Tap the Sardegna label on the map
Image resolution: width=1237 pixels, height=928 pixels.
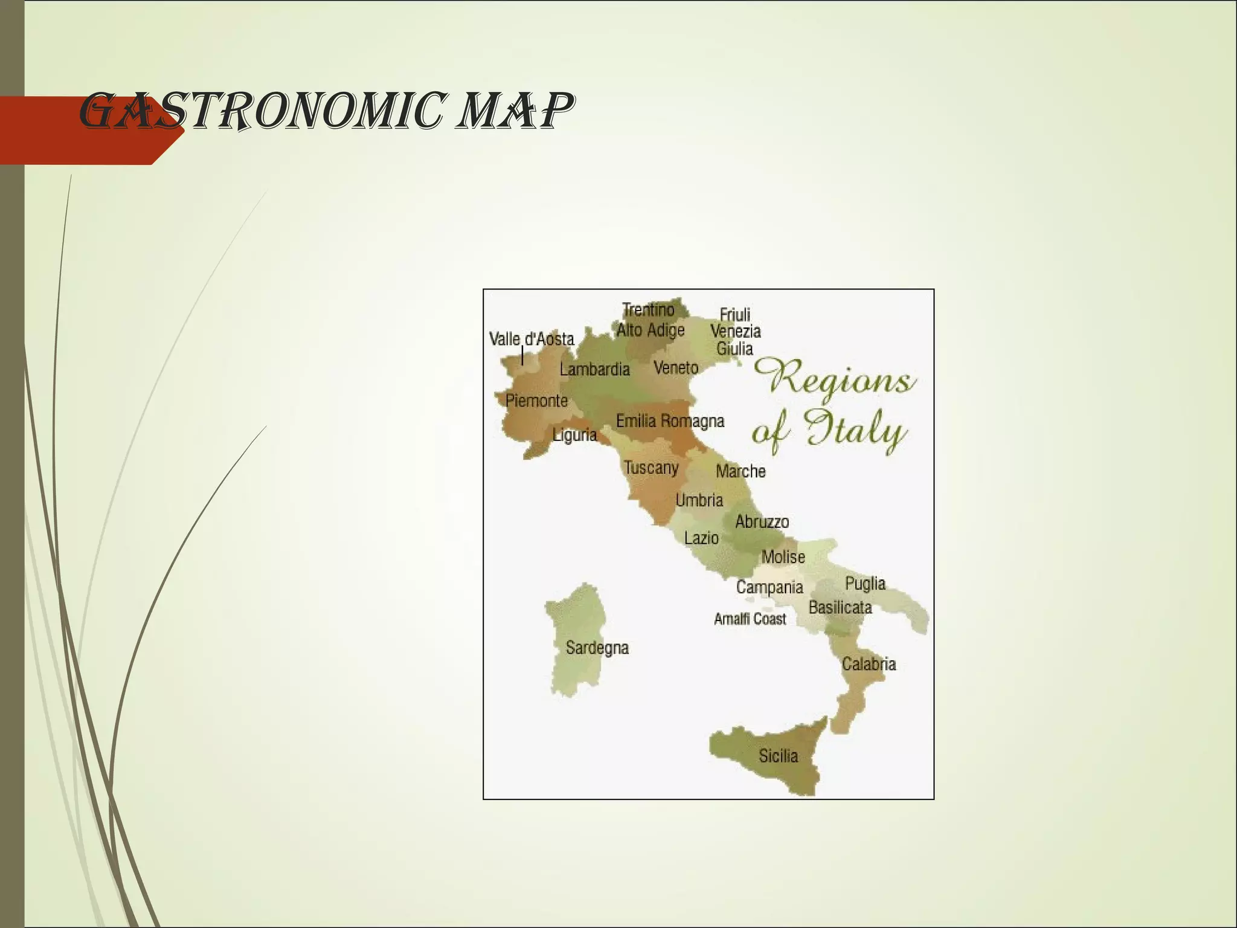point(597,648)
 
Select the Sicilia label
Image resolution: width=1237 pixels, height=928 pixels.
point(778,756)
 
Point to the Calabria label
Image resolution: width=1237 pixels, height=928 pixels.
point(869,664)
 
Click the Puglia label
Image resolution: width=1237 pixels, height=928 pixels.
point(865,584)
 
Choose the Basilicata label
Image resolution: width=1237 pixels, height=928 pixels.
point(840,607)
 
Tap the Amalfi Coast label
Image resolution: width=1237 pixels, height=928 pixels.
point(750,619)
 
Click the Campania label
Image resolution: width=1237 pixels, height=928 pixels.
point(770,587)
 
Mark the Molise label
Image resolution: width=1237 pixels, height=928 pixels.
point(783,556)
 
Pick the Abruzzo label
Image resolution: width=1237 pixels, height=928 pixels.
point(762,521)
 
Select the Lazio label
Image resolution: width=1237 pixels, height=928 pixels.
point(701,538)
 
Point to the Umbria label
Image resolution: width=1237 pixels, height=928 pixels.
point(699,500)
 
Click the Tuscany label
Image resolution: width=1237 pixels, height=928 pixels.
point(651,467)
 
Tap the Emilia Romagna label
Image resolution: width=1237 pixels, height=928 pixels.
point(670,420)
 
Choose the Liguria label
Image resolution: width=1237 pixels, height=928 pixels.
point(574,434)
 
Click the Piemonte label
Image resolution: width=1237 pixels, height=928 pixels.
point(536,400)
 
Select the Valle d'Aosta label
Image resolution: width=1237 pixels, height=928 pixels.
point(532,339)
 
